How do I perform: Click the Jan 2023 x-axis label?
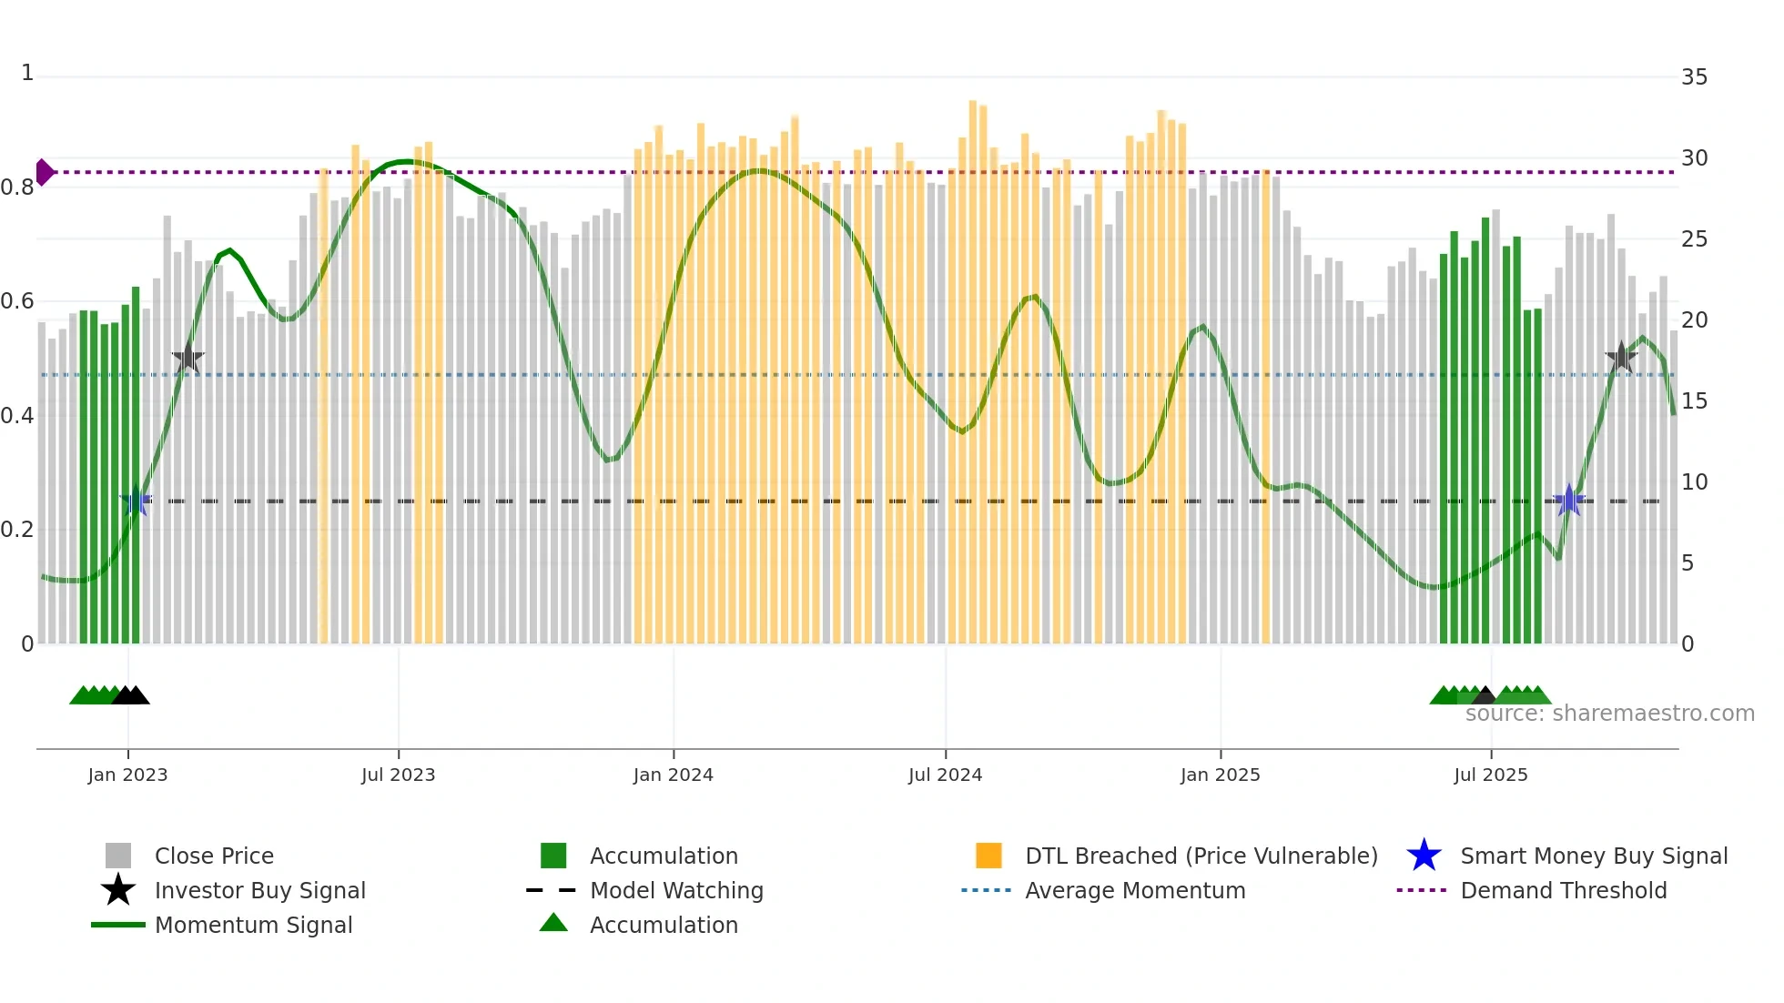click(x=127, y=775)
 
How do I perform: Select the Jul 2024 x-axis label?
click(x=945, y=775)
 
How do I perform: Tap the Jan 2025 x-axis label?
click(x=1220, y=775)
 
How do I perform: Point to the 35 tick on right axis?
click(x=1694, y=77)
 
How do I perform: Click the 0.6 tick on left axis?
click(x=17, y=301)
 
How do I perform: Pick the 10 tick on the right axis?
click(x=1694, y=482)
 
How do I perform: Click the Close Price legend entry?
click(x=214, y=856)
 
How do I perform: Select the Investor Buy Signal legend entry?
click(x=259, y=890)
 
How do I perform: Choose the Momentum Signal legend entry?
click(x=253, y=925)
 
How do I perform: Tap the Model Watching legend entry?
click(x=676, y=890)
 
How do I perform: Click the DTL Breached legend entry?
click(x=1201, y=856)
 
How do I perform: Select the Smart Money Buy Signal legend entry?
click(x=1593, y=856)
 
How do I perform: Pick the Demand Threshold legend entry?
click(x=1563, y=890)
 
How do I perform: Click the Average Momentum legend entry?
click(x=1134, y=890)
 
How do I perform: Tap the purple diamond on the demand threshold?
click(x=44, y=172)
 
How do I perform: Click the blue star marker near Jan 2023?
click(x=136, y=501)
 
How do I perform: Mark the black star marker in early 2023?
click(x=188, y=358)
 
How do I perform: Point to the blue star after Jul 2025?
click(x=1568, y=500)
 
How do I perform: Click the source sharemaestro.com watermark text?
click(x=1609, y=714)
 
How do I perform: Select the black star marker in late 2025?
click(x=1620, y=357)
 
